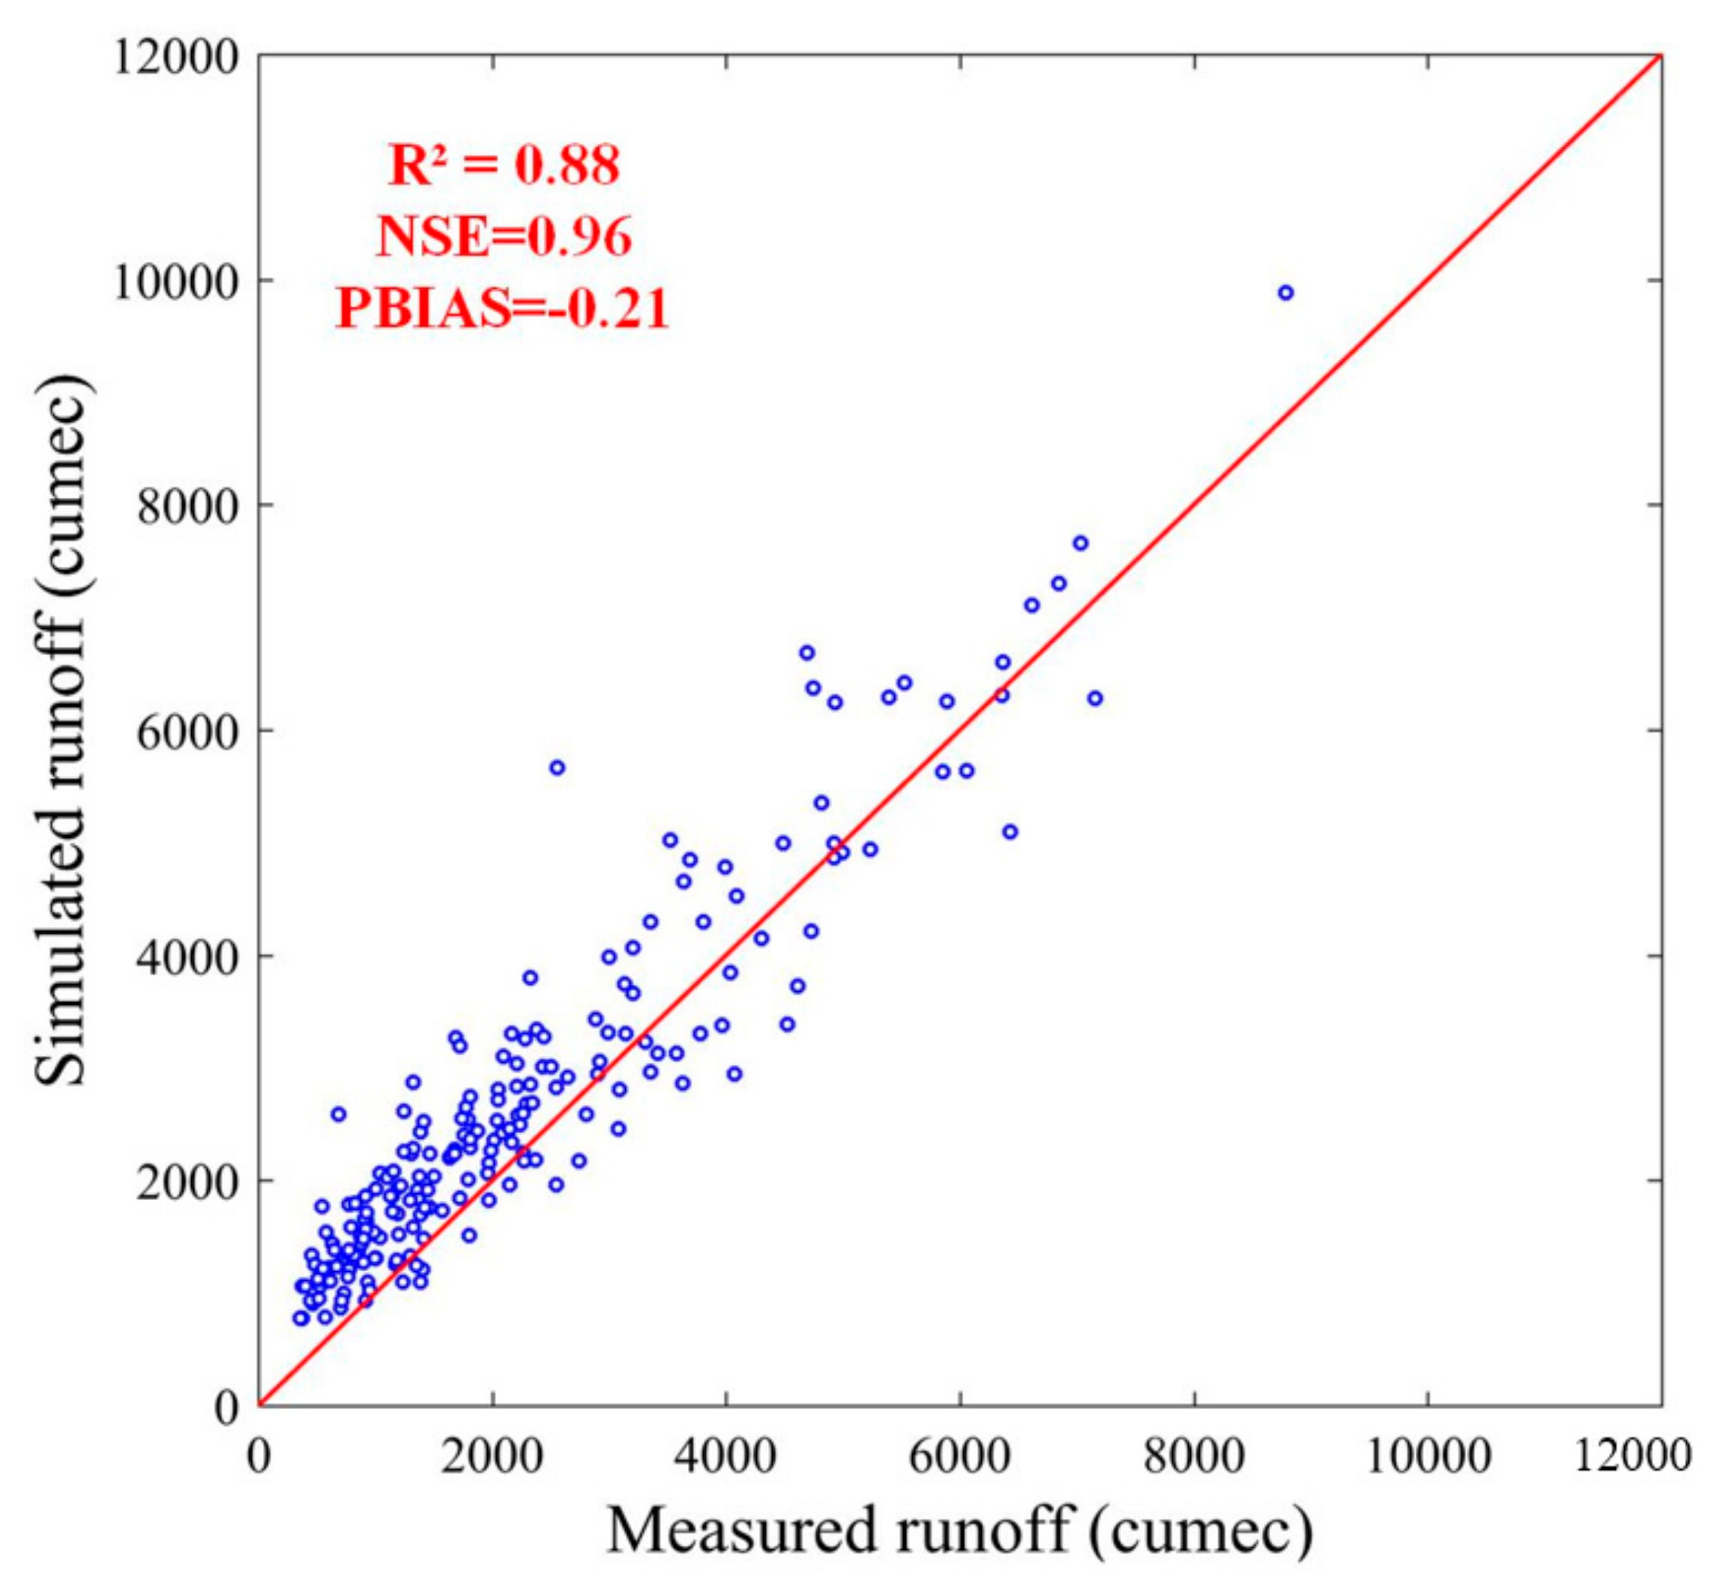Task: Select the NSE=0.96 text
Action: (503, 236)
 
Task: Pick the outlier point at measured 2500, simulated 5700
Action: (558, 768)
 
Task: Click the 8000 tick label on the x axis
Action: (1194, 1457)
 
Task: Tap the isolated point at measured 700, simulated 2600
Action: (339, 1114)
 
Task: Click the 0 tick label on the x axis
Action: (259, 1457)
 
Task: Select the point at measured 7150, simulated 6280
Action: (1095, 698)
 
